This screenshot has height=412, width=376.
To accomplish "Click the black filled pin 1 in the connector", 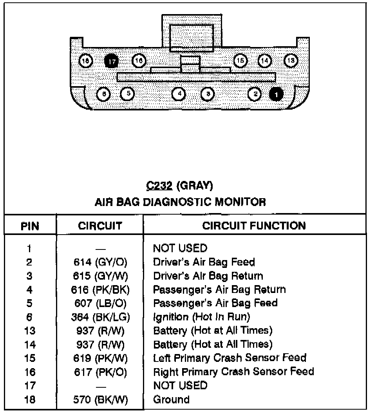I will click(x=277, y=94).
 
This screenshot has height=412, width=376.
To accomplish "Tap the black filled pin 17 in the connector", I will click(x=112, y=61).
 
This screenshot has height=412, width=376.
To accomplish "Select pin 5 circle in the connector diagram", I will click(x=128, y=94).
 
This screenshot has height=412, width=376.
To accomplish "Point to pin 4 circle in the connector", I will click(x=179, y=94).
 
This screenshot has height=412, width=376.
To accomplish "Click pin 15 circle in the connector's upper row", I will click(x=240, y=61).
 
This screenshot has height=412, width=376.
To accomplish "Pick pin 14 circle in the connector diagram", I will click(x=265, y=61).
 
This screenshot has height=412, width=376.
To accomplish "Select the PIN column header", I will click(x=30, y=226).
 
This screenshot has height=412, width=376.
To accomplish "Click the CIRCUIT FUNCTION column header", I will click(x=254, y=226).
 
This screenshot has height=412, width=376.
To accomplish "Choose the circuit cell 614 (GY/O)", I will click(x=100, y=262).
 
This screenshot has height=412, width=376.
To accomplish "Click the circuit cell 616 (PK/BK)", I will click(x=100, y=290).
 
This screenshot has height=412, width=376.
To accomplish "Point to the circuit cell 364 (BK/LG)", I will click(x=100, y=317).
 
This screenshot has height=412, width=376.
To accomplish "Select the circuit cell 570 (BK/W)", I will click(x=100, y=400).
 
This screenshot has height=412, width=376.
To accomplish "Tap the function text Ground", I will click(x=171, y=400).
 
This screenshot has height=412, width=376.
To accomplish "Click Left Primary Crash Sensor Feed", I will click(x=230, y=358).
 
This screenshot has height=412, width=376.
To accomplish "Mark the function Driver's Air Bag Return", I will click(x=208, y=276).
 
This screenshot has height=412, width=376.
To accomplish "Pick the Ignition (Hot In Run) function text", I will click(x=201, y=316).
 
